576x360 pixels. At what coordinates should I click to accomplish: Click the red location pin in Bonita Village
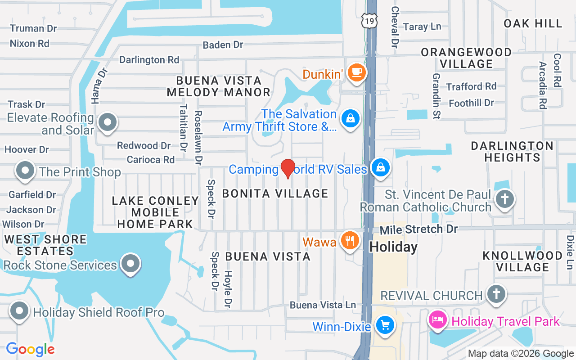pos(288,168)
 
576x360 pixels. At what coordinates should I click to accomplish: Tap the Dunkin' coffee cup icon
pos(357,72)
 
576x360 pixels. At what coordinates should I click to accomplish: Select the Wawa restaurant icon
pos(350,240)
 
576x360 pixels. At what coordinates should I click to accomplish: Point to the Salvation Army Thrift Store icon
pos(350,119)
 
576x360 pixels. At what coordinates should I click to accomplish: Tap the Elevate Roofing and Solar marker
pos(107,122)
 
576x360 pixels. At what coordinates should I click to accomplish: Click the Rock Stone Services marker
pos(130,264)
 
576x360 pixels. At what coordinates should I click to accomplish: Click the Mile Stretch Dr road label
pos(418,229)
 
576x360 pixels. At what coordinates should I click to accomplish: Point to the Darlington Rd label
pos(149,59)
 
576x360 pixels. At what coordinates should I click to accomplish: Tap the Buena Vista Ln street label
pos(323,305)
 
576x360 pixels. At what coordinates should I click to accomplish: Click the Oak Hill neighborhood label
pos(533,23)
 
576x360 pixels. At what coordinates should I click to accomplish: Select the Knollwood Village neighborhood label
pos(522,261)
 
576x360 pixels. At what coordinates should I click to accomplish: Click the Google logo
pos(31,349)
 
